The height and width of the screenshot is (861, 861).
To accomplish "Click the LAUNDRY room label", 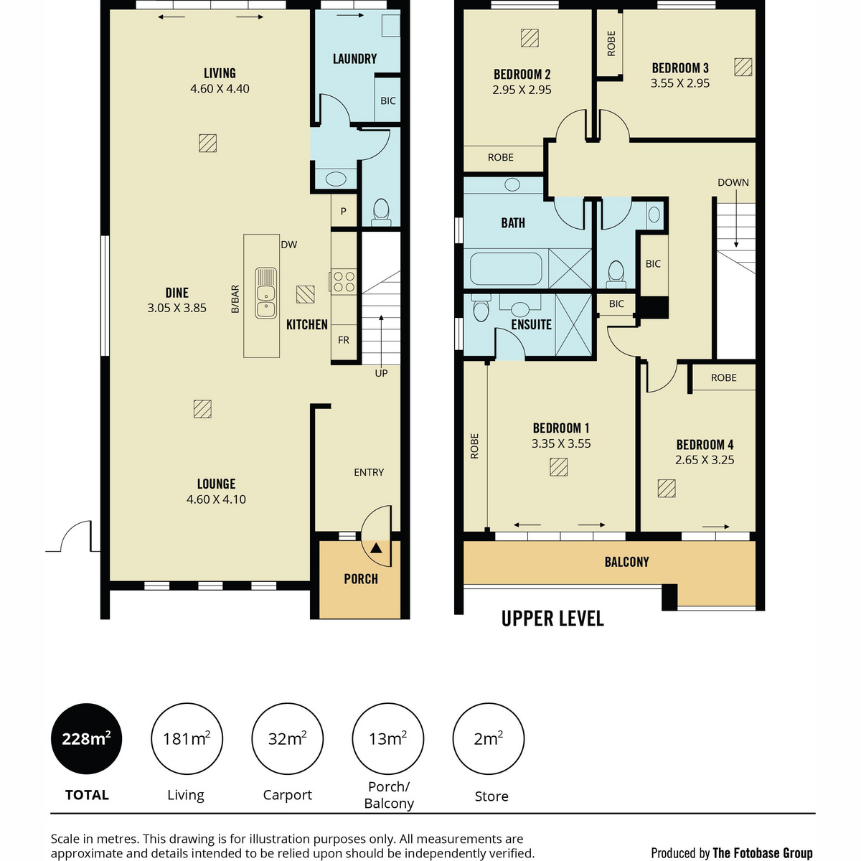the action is pyautogui.click(x=354, y=59).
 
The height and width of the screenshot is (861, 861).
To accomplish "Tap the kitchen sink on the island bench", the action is pyautogui.click(x=265, y=293).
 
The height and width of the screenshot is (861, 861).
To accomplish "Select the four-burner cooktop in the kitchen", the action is pyautogui.click(x=344, y=281).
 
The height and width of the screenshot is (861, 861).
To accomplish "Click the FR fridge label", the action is pyautogui.click(x=343, y=340).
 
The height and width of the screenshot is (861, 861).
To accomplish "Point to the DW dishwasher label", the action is pyautogui.click(x=288, y=245).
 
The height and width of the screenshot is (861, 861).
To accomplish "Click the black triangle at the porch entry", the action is pyautogui.click(x=376, y=547).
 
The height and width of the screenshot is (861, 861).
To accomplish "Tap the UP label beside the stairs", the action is pyautogui.click(x=381, y=373).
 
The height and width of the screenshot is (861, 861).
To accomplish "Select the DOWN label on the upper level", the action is pyautogui.click(x=733, y=182).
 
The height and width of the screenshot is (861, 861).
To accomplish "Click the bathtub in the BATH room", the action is pyautogui.click(x=506, y=268).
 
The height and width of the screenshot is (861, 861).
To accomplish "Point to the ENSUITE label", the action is pyautogui.click(x=531, y=324).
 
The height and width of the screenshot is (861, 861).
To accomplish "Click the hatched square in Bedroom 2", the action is pyautogui.click(x=530, y=38).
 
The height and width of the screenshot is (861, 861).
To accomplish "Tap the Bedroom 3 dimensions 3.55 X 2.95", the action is pyautogui.click(x=679, y=83).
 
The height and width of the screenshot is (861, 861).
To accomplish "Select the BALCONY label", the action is pyautogui.click(x=626, y=562).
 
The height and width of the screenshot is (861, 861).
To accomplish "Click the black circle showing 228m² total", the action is pyautogui.click(x=86, y=738).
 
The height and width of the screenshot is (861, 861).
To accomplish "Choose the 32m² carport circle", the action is pyautogui.click(x=287, y=738).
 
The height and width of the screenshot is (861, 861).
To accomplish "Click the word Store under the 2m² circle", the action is pyautogui.click(x=491, y=796).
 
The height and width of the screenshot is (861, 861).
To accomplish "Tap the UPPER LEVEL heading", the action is pyautogui.click(x=552, y=618).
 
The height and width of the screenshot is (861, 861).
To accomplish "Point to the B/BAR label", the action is pyautogui.click(x=235, y=299).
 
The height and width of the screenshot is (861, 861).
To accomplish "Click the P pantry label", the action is pyautogui.click(x=343, y=211).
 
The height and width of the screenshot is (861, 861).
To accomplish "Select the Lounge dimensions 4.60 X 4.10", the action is pyautogui.click(x=216, y=499).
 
